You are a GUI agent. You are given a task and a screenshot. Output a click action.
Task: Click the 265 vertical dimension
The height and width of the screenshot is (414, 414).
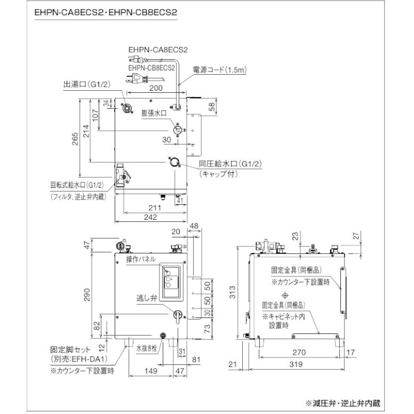click(75, 138)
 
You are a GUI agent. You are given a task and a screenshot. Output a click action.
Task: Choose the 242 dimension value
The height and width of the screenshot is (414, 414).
click(150, 218)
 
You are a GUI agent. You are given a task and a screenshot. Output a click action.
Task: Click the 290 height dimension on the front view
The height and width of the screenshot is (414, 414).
click(87, 294)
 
